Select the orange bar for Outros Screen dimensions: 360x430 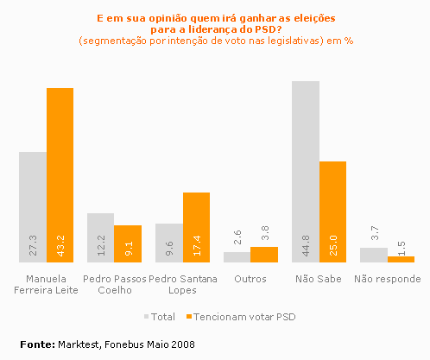click(264, 254)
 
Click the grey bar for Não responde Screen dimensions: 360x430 click(373, 254)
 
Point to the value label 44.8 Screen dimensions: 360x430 click(307, 246)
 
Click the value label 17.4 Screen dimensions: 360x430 click(197, 246)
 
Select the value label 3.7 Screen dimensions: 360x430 click(374, 234)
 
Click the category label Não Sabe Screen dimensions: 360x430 click(319, 279)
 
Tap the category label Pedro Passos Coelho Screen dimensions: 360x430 click(113, 284)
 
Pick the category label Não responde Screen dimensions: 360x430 click(387, 279)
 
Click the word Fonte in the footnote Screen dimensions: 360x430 click(36, 344)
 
